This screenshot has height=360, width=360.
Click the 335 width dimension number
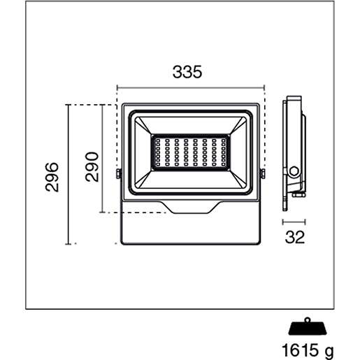[187, 72]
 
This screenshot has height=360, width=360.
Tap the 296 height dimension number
[52, 177]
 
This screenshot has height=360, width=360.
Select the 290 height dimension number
[92, 166]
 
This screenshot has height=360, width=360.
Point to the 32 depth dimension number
[295, 237]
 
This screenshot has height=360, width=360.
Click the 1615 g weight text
[308, 350]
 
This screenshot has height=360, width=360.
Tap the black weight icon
[308, 326]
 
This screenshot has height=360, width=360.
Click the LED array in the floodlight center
[191, 152]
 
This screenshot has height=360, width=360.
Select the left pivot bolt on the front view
[119, 174]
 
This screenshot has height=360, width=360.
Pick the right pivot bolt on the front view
[263, 174]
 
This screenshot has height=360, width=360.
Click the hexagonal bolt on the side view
[294, 172]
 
